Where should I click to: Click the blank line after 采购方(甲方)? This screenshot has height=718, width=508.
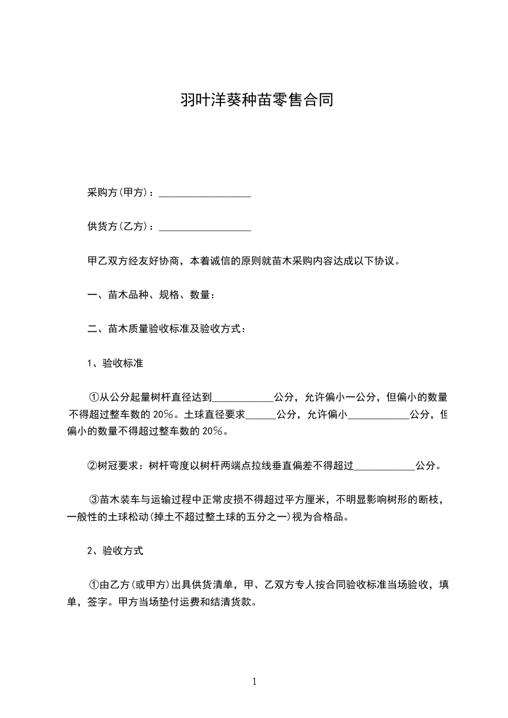pos(204,193)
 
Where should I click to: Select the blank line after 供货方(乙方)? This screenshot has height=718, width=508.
pos(204,227)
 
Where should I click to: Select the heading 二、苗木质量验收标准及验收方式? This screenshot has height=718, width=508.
pos(166,330)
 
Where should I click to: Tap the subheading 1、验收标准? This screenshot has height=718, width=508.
pos(115,363)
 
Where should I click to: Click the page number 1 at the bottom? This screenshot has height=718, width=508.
pos(254,682)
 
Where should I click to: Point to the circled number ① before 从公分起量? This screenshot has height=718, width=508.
pos(93,397)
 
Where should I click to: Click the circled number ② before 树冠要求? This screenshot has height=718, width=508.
pos(93,466)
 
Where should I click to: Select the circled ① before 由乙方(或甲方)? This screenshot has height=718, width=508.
pos(93,584)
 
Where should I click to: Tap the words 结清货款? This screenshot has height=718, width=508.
pos(236,602)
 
